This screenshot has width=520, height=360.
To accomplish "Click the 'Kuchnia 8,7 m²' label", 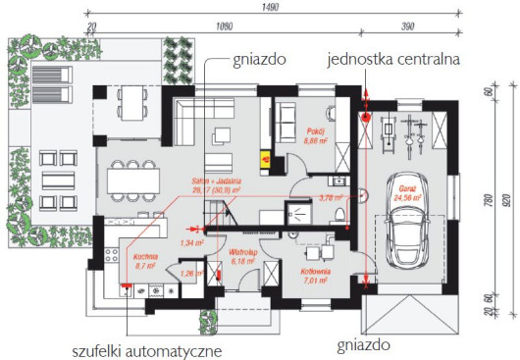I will [x=146, y=260].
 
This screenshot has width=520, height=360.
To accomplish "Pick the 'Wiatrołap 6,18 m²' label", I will [x=242, y=260].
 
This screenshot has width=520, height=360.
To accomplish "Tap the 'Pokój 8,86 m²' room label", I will [x=315, y=136].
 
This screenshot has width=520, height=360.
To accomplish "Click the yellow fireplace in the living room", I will [x=263, y=152].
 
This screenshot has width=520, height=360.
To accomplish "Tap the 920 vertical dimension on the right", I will [x=506, y=202].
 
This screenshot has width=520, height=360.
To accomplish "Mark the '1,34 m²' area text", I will [x=192, y=241].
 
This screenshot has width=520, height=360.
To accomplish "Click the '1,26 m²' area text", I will [x=192, y=274].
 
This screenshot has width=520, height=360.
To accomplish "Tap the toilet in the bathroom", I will [x=338, y=216].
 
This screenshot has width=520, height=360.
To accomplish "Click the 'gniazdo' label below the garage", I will [x=363, y=345].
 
